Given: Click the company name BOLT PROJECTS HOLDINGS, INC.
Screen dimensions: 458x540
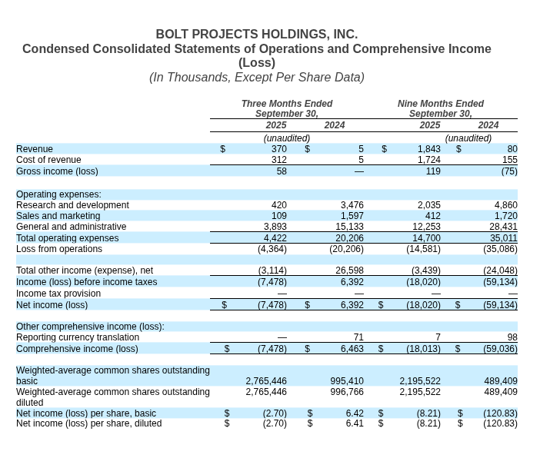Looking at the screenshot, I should [x=256, y=35].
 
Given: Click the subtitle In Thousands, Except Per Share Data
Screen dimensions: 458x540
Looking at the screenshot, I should [x=256, y=78].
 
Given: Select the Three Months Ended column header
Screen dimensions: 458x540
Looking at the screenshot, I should [x=287, y=104].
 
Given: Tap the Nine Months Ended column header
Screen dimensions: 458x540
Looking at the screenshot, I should [x=441, y=104].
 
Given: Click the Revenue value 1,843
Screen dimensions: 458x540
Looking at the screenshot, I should [x=429, y=149].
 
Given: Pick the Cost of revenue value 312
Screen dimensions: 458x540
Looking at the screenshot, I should [x=278, y=160].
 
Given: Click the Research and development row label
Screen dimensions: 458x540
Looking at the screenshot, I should [x=72, y=205].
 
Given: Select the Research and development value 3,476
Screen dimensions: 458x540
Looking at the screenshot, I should [x=352, y=205].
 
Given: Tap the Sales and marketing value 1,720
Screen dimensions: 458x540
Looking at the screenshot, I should [x=505, y=216].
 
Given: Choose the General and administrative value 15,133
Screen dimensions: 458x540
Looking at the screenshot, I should [x=349, y=227].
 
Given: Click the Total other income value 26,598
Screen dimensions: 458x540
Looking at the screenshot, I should [x=349, y=270].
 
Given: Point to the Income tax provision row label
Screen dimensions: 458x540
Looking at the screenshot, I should [x=58, y=294].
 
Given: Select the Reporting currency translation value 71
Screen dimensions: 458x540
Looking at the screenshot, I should [x=358, y=337].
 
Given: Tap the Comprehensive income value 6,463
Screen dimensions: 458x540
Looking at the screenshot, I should [x=352, y=349].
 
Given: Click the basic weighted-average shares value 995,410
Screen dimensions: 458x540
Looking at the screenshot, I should [x=347, y=381].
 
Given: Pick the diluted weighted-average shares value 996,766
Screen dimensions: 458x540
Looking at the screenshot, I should [x=347, y=392].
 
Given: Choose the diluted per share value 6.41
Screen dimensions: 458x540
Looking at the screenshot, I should [x=355, y=423].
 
